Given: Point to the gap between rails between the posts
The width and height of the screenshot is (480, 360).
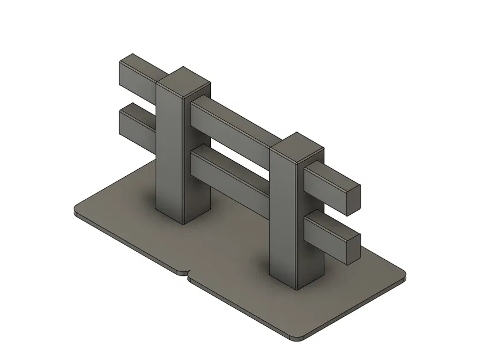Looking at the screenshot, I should pyautogui.click(x=230, y=151).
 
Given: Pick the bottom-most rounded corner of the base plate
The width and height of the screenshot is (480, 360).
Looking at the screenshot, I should pyautogui.click(x=297, y=338).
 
